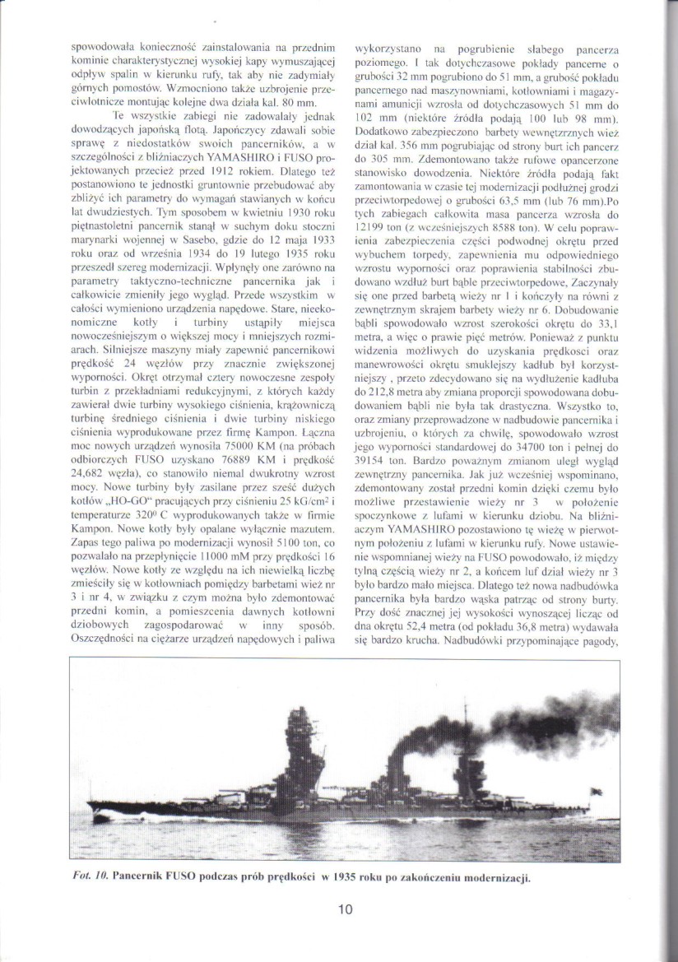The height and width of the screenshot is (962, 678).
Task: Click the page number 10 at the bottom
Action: point(346,909)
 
